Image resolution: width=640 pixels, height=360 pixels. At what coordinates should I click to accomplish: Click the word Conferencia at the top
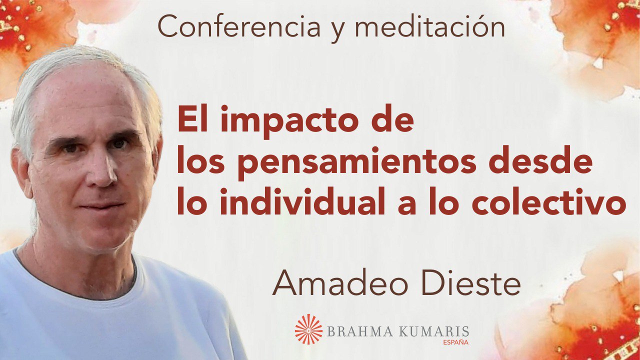pos(238,26)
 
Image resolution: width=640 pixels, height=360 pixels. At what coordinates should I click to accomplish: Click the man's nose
pos(104,171)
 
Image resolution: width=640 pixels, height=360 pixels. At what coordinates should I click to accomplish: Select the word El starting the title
pos(195,117)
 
